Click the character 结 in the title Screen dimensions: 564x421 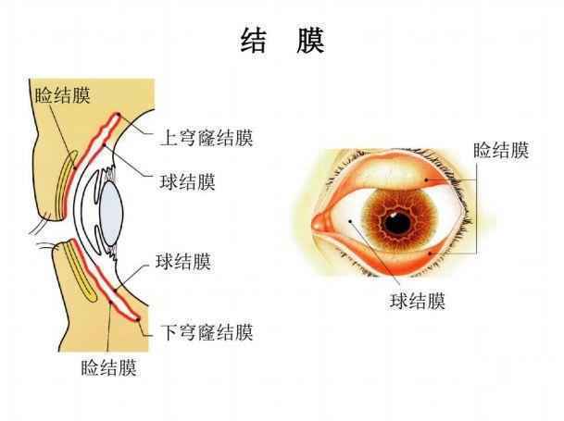pyautogui.click(x=254, y=41)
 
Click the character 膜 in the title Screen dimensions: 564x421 pyautogui.click(x=311, y=41)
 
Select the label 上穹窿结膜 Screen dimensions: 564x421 pyautogui.click(x=207, y=138)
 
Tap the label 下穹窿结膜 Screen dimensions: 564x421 pyautogui.click(x=207, y=332)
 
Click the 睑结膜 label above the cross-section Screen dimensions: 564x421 pyautogui.click(x=62, y=95)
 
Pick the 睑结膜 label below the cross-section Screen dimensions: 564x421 pyautogui.click(x=109, y=367)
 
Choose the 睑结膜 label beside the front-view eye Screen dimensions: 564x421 pyautogui.click(x=501, y=150)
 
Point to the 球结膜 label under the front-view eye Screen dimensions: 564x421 pyautogui.click(x=418, y=301)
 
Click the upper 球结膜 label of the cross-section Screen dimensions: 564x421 pyautogui.click(x=187, y=181)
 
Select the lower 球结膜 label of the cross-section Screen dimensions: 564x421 pyautogui.click(x=183, y=261)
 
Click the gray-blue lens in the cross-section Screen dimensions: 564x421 pyautogui.click(x=111, y=214)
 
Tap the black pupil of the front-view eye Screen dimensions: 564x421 pyautogui.click(x=396, y=223)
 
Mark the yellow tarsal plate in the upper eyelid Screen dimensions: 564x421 pyautogui.click(x=66, y=185)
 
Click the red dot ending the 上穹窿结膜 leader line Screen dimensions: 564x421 pyautogui.click(x=118, y=115)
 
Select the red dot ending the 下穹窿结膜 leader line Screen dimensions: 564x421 pyautogui.click(x=138, y=319)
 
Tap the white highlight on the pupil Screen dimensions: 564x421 pyautogui.click(x=394, y=215)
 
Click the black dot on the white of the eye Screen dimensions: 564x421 pyautogui.click(x=350, y=221)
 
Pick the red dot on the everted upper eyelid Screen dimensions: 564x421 pyautogui.click(x=426, y=180)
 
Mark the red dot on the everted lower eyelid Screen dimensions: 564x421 pyautogui.click(x=429, y=254)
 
